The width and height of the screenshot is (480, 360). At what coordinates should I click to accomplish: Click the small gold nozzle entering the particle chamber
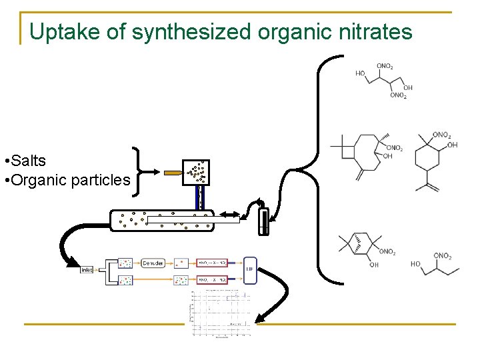(x=173, y=173)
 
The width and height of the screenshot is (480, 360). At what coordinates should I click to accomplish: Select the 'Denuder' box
(x=153, y=263)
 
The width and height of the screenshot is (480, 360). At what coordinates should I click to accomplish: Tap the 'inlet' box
(x=87, y=270)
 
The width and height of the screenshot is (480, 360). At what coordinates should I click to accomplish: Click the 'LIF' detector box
(x=250, y=270)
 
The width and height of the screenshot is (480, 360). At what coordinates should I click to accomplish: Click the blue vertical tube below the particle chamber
(x=198, y=197)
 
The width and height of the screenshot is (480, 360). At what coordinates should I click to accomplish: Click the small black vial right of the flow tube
(x=264, y=222)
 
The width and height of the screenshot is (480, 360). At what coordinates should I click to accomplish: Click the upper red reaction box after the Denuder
(x=211, y=263)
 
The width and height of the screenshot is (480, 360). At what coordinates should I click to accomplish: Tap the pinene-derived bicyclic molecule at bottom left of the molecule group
(x=364, y=250)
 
